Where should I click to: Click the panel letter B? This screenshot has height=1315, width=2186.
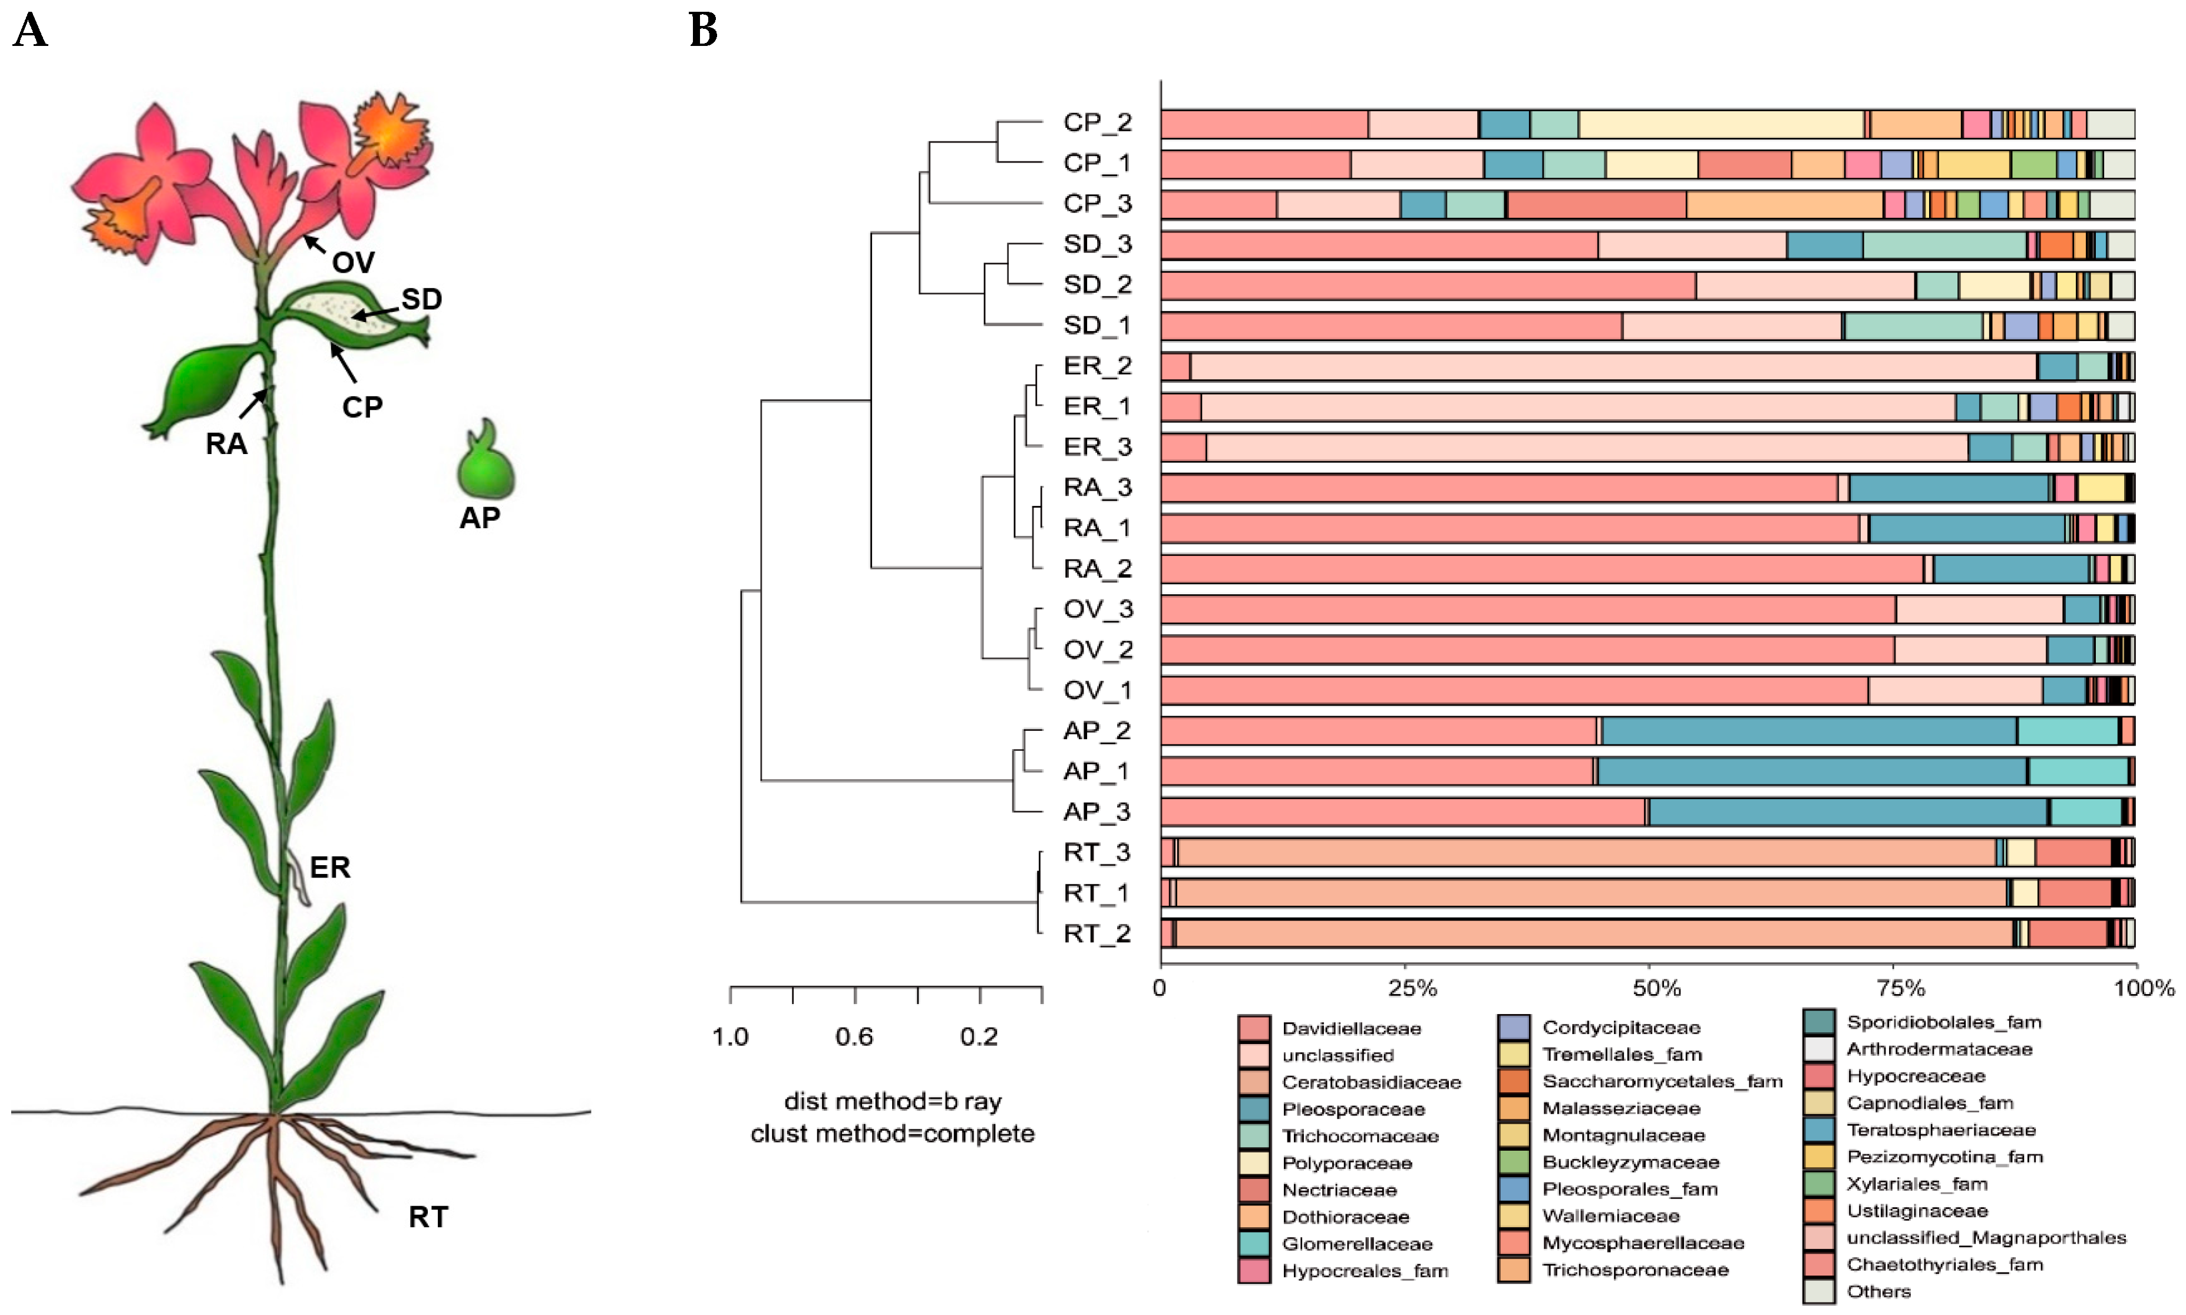[703, 31]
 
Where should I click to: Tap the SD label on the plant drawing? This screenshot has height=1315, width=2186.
[421, 300]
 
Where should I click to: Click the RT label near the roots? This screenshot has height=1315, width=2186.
[428, 1217]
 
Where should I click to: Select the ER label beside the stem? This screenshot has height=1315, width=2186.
[330, 867]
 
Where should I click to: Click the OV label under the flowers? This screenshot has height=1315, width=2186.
[353, 262]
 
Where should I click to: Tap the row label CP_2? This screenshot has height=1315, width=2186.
[1098, 122]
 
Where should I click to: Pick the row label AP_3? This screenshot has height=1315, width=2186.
[1098, 811]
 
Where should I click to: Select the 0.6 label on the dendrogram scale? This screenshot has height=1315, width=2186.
[854, 1037]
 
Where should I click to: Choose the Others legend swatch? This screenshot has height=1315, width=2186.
[1819, 1292]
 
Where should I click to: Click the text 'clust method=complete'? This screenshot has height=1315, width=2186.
[891, 1134]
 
